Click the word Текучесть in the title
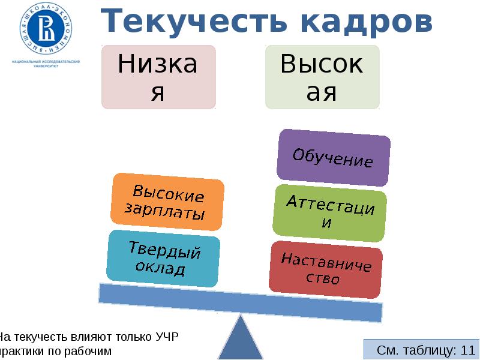pos(186,22)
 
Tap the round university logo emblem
pos(45,28)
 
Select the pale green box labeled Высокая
pos(322,77)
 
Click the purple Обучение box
pos(333,157)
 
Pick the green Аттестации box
pos(329,213)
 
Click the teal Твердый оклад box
pos(163,259)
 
